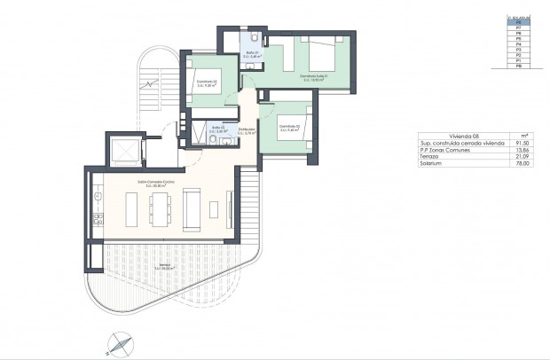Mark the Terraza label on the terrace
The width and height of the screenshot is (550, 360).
point(162,267)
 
